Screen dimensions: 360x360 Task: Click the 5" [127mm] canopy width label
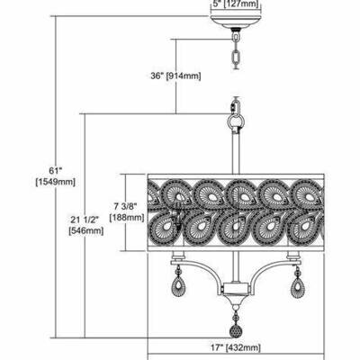coord(236,4)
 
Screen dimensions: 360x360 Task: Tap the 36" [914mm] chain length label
coord(175,76)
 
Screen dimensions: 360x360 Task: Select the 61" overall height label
coord(55,171)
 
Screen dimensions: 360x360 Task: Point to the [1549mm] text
coord(55,182)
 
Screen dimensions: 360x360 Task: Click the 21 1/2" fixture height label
coord(85,220)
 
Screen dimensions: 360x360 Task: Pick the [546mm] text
coord(86,230)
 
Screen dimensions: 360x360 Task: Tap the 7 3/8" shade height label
coord(125,206)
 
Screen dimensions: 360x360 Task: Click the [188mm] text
coord(127,217)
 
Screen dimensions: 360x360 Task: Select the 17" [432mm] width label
coord(237,347)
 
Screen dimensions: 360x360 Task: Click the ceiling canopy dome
coord(236,22)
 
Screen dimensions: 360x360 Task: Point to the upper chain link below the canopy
coord(236,38)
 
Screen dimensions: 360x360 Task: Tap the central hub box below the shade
coord(236,289)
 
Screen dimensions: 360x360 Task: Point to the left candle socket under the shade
coord(178,256)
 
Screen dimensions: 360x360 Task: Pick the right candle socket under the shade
coord(294,256)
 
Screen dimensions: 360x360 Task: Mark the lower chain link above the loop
coord(237,107)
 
